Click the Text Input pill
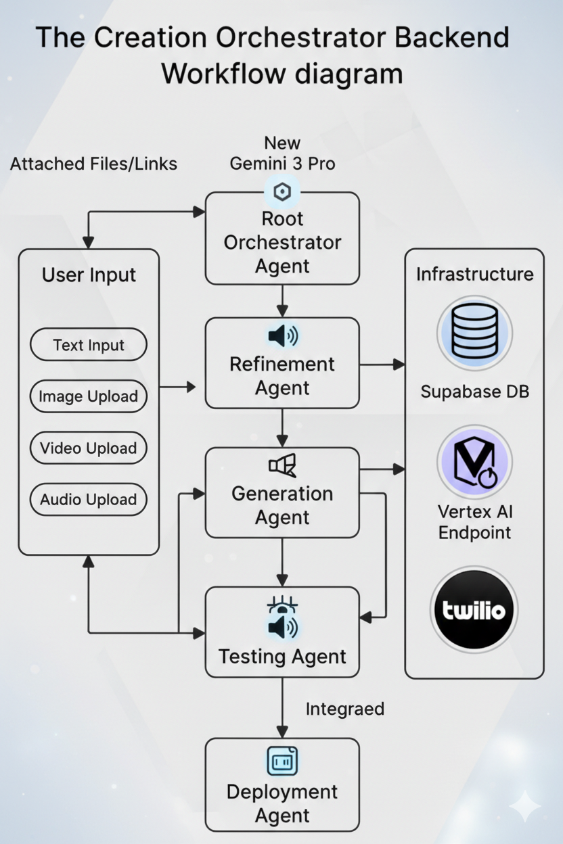(89, 346)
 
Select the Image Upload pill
(89, 397)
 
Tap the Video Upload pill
(89, 448)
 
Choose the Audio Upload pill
(89, 500)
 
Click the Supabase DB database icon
(474, 333)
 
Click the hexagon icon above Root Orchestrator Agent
(282, 193)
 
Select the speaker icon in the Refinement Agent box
(282, 336)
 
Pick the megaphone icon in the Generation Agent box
(282, 465)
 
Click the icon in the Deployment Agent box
(282, 761)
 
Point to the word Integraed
(345, 709)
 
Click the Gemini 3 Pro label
(282, 164)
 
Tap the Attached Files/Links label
(93, 164)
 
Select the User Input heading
(89, 275)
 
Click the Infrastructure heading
(474, 274)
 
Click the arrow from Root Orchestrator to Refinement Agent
(282, 301)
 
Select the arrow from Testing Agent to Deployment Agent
(282, 707)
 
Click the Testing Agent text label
(282, 657)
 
